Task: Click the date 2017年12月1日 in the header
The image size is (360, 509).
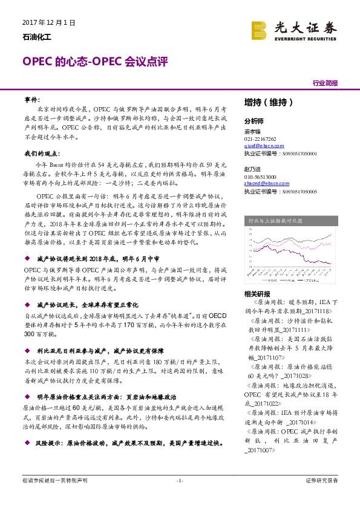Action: coord(48,23)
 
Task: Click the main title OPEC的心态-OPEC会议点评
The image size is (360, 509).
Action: coord(94,62)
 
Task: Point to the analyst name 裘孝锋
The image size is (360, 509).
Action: coord(252,131)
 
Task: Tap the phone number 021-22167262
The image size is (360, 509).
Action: coord(260,139)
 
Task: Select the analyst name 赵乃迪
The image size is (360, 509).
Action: coord(252,170)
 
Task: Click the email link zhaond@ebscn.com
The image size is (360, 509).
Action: coord(263,185)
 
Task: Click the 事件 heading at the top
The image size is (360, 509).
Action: coord(32,98)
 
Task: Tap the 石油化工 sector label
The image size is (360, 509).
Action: coord(37,37)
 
